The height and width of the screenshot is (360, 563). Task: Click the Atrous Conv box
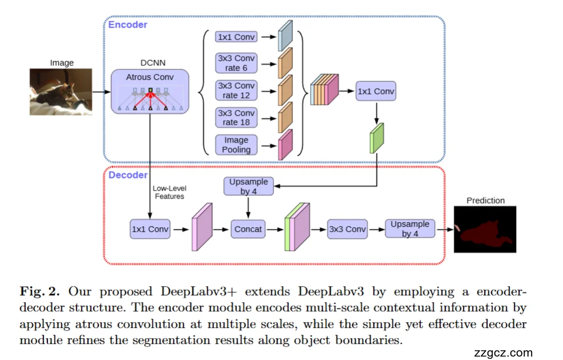tap(149, 90)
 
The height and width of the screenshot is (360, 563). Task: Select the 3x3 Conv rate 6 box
tap(236, 63)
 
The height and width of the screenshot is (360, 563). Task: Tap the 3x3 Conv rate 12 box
tap(236, 90)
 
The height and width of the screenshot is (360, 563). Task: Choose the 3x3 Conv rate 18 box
tap(236, 117)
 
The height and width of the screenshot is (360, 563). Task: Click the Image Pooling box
tap(236, 144)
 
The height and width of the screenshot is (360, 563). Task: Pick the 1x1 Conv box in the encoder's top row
tap(236, 37)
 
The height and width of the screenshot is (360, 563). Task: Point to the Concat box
tap(248, 229)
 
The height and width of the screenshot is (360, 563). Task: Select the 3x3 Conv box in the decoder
tap(347, 229)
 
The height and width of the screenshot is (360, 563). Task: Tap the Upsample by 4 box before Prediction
tap(410, 229)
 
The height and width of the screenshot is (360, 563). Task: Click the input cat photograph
tap(61, 92)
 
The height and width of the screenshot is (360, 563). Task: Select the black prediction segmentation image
tap(485, 230)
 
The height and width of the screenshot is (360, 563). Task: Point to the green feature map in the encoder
tap(376, 140)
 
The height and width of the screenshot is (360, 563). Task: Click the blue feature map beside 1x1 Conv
tap(285, 37)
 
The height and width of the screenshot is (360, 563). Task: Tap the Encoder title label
tap(128, 25)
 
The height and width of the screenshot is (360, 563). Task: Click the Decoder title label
tap(128, 175)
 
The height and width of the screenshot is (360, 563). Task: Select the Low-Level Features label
tap(169, 192)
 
